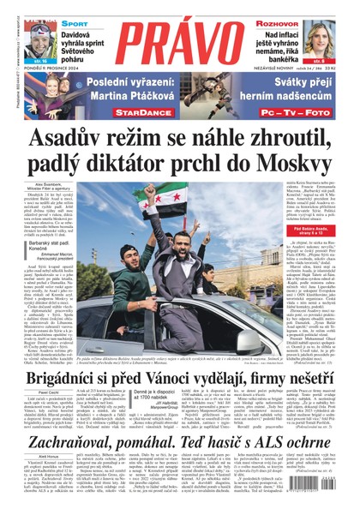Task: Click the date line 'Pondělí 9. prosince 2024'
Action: pos(51,73)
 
